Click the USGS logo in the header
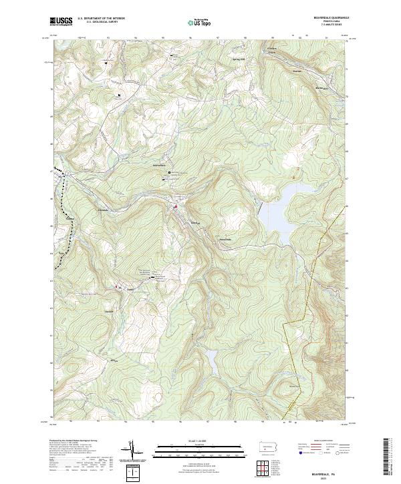[61, 21]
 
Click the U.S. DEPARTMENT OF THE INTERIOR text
[101, 19]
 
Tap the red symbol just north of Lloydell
[176, 207]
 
